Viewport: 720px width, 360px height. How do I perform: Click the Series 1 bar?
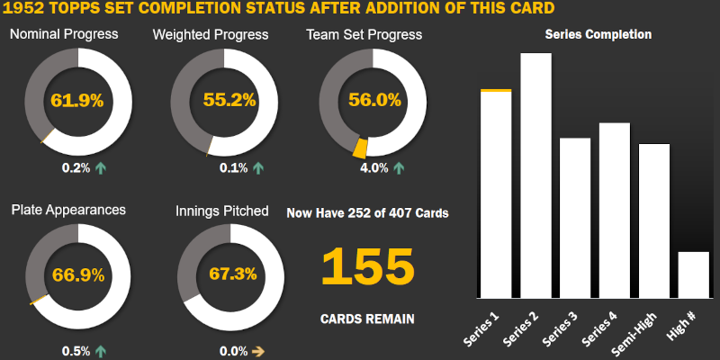tap(496, 193)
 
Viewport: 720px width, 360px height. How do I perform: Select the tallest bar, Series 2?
tap(535, 175)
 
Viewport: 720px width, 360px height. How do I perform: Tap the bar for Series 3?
tap(575, 218)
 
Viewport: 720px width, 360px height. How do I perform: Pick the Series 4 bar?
tap(615, 210)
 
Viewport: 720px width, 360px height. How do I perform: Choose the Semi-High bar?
tap(654, 220)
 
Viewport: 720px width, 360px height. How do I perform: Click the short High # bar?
tap(694, 274)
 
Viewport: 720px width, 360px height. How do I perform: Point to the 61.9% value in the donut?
tap(77, 100)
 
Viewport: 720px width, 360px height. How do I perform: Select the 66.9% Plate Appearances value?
tap(77, 274)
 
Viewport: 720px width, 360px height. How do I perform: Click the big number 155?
tap(367, 267)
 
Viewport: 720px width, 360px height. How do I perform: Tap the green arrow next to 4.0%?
tap(398, 167)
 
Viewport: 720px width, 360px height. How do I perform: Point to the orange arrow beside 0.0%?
tap(256, 351)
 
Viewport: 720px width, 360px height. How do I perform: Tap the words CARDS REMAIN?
tap(367, 319)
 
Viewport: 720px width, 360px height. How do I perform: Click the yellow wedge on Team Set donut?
tap(361, 148)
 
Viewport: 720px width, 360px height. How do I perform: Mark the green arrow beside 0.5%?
tap(100, 351)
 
